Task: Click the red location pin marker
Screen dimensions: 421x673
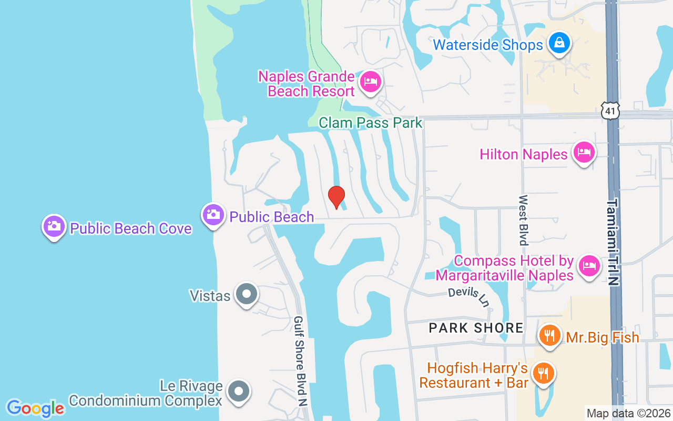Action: (x=336, y=197)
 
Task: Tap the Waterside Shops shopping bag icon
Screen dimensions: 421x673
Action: (x=559, y=44)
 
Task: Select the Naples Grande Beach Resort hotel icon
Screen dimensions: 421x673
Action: (x=371, y=82)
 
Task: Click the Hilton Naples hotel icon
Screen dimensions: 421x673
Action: (x=583, y=152)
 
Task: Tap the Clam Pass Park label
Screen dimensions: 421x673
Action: (x=370, y=123)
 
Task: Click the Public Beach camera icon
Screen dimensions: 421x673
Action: (x=213, y=215)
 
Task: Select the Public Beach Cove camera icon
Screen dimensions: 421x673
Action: (x=54, y=227)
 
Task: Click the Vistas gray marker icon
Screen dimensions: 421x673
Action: (x=246, y=294)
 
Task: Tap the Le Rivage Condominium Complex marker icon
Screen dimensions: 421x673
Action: (x=239, y=391)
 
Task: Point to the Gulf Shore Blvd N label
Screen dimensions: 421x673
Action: (x=300, y=360)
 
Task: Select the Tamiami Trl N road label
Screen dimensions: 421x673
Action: (x=612, y=242)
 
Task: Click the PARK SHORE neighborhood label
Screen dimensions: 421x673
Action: (x=476, y=328)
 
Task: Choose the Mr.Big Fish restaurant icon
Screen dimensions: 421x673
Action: (x=549, y=335)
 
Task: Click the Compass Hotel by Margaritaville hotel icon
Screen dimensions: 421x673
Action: (x=588, y=266)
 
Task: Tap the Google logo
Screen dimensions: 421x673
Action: (x=35, y=408)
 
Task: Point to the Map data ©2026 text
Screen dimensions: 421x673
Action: (x=628, y=413)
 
